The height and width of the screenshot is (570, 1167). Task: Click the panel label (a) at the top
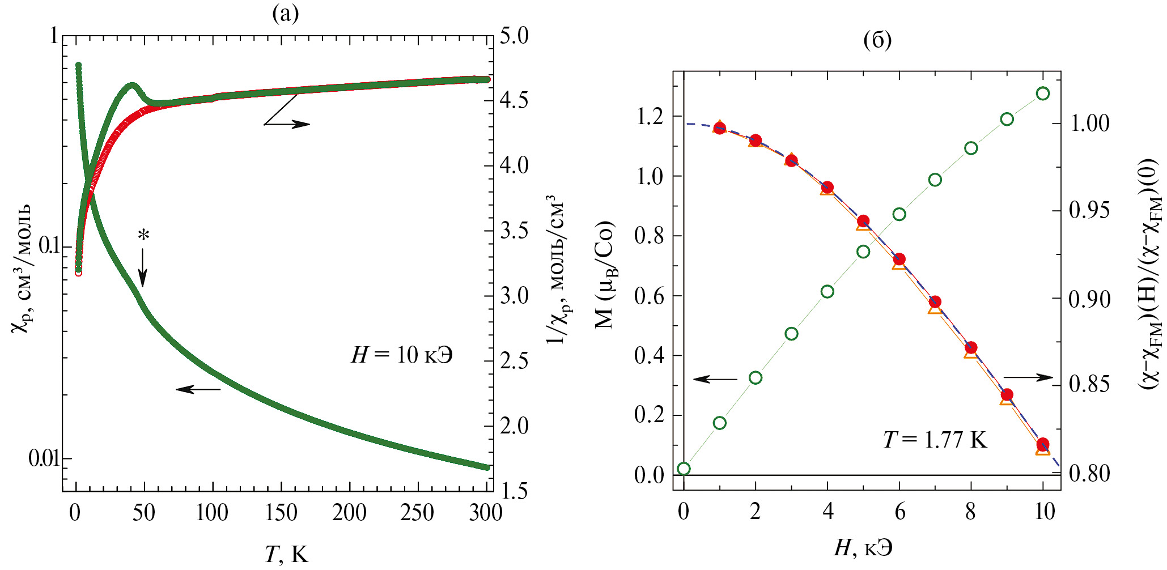pos(285,13)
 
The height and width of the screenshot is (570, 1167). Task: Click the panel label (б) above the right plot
pos(877,40)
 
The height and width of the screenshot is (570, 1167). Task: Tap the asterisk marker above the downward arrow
pos(144,234)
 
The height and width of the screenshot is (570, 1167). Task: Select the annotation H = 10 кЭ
pos(402,355)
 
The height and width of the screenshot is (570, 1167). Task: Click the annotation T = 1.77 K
pos(935,440)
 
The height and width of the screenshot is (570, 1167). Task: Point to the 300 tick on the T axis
pos(486,513)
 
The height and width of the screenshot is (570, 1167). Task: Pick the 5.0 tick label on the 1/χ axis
pos(514,36)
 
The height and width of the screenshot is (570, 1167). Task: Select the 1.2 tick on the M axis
pos(649,117)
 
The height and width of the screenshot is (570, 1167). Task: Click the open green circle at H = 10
pos(1043,93)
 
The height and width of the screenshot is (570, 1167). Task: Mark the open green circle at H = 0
pos(684,469)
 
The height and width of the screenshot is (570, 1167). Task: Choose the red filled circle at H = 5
pos(863,221)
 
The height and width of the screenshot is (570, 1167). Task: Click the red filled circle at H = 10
pos(1043,444)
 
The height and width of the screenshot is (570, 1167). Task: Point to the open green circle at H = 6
pos(899,214)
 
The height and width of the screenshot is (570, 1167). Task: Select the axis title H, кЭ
pos(863,547)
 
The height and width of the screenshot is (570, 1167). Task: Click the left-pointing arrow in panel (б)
pos(715,379)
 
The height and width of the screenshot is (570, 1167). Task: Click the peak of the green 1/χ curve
pos(132,86)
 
